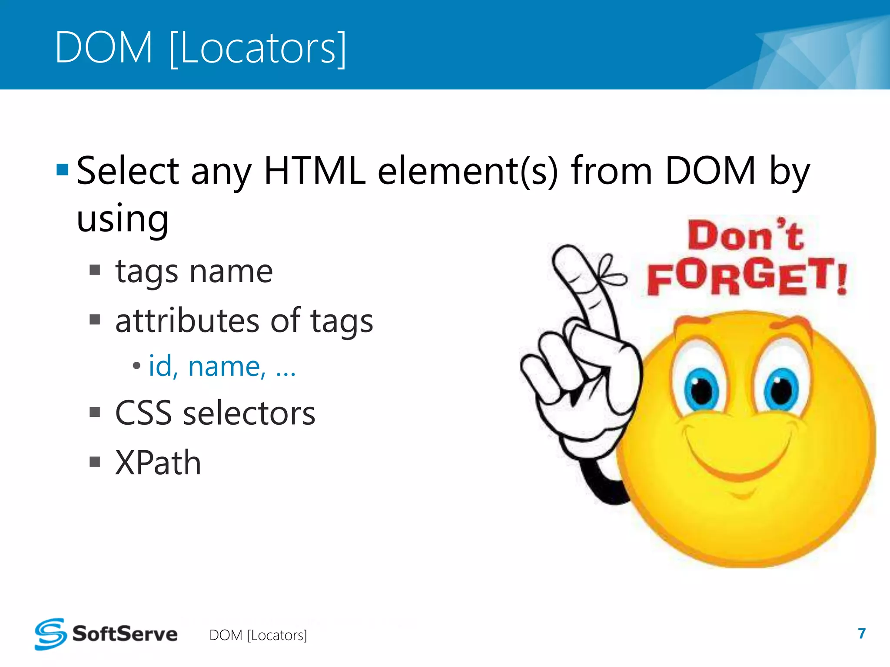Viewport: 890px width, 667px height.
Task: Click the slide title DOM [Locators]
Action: (200, 47)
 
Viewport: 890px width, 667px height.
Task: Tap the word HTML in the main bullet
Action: (315, 171)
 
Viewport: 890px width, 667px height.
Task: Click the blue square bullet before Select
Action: (63, 169)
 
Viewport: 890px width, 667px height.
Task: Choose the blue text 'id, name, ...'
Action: (222, 367)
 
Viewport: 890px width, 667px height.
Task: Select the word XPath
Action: (158, 463)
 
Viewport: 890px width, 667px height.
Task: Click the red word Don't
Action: (745, 236)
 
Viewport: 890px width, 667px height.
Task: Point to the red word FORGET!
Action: (747, 277)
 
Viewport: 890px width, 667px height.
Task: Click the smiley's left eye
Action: (701, 388)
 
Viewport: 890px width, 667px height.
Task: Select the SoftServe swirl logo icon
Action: (50, 634)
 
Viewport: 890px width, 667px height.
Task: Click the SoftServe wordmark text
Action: (125, 634)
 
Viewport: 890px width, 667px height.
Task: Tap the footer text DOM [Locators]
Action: (258, 635)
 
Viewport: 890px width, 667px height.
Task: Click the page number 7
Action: (862, 634)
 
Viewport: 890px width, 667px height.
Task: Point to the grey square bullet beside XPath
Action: (95, 461)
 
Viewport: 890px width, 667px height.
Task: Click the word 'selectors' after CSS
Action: (249, 413)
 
